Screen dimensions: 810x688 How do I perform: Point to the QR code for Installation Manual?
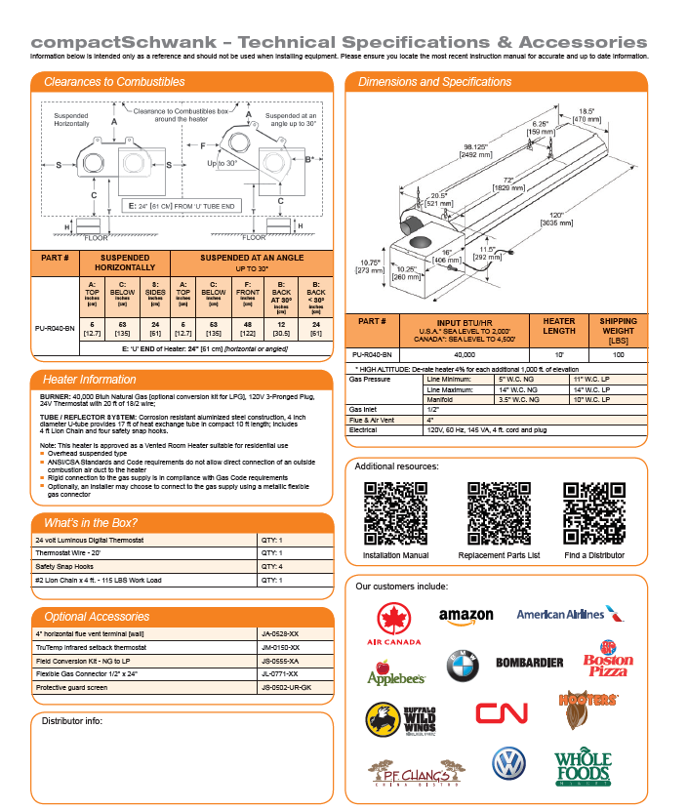(395, 513)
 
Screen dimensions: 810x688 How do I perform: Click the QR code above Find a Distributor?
(594, 513)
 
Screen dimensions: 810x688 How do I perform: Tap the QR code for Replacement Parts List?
(499, 513)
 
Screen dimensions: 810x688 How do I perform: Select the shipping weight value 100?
(618, 355)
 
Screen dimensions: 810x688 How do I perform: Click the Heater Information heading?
(89, 379)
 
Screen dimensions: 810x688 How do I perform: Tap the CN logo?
(502, 712)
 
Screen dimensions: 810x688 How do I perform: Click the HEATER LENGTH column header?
(558, 326)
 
